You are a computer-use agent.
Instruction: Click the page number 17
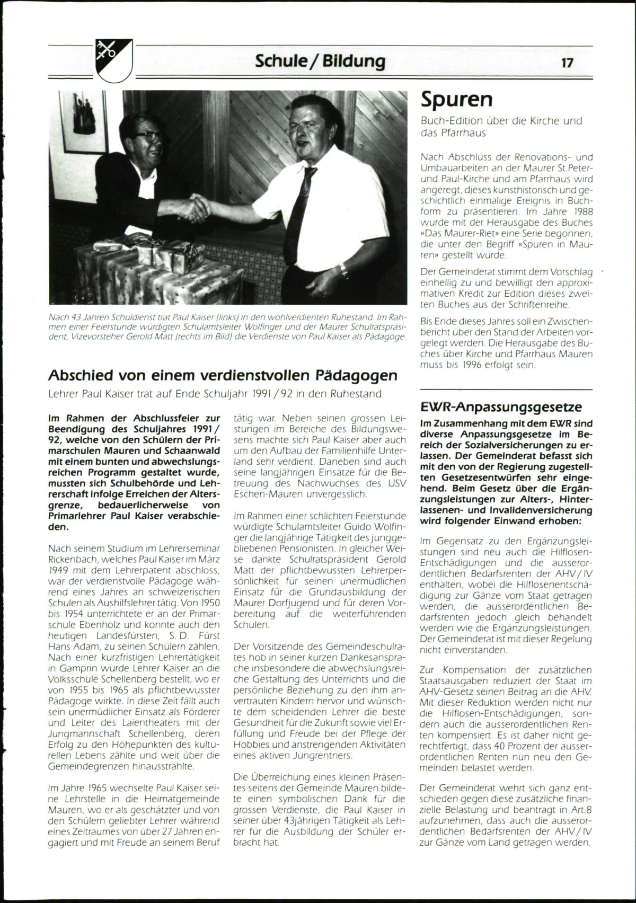pos(567,63)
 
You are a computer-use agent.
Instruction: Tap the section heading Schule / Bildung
pos(320,61)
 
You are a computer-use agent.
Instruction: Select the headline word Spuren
pos(456,99)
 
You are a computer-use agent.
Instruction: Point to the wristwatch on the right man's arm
pos(344,272)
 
